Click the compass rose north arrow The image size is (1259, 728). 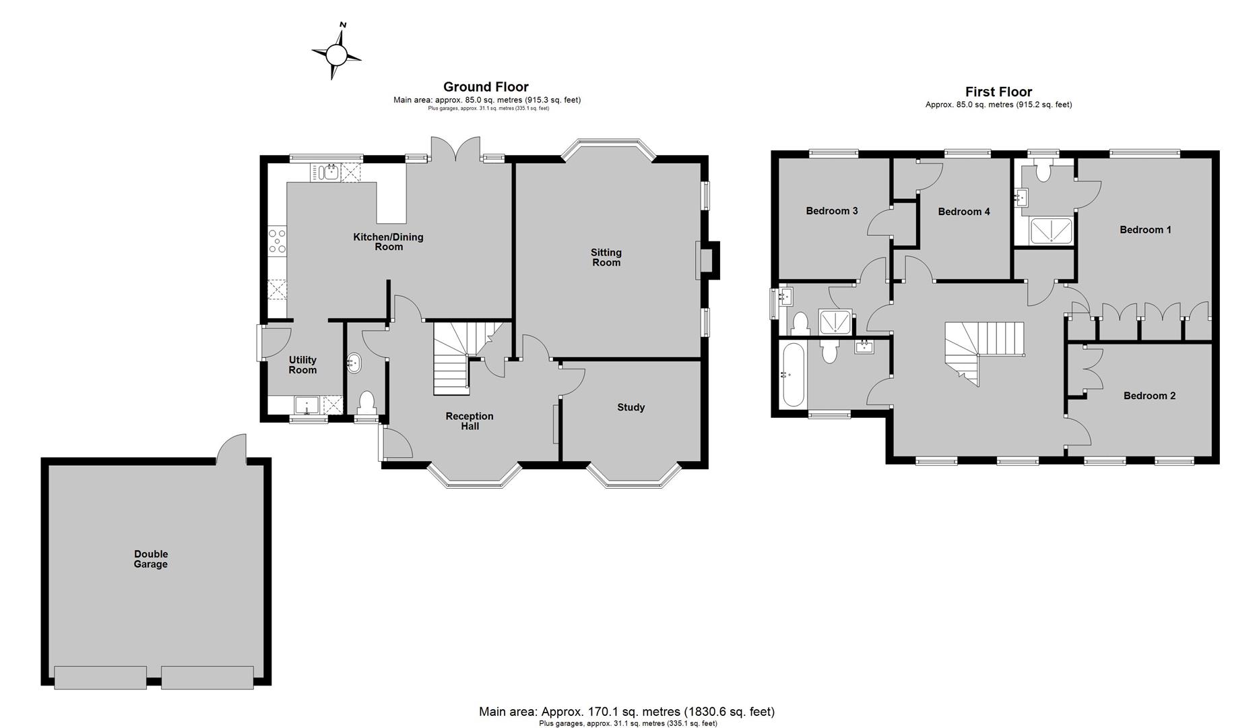pos(336,52)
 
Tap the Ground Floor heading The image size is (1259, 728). pos(486,86)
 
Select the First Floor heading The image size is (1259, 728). pos(998,92)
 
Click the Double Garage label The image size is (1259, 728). pos(150,559)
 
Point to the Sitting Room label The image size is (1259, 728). pos(606,257)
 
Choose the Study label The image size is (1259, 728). pos(631,407)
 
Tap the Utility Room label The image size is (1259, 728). pos(302,365)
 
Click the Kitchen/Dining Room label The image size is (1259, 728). pos(389,241)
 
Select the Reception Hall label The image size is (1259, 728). pos(470,421)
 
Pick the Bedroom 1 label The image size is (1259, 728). pos(1145,229)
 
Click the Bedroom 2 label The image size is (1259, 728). pos(1149,396)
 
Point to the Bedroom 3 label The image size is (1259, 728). pos(832,211)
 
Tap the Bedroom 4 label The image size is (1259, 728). pos(964,212)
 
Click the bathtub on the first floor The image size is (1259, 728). pos(792,375)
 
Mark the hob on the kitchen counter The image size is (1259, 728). pos(278,241)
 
